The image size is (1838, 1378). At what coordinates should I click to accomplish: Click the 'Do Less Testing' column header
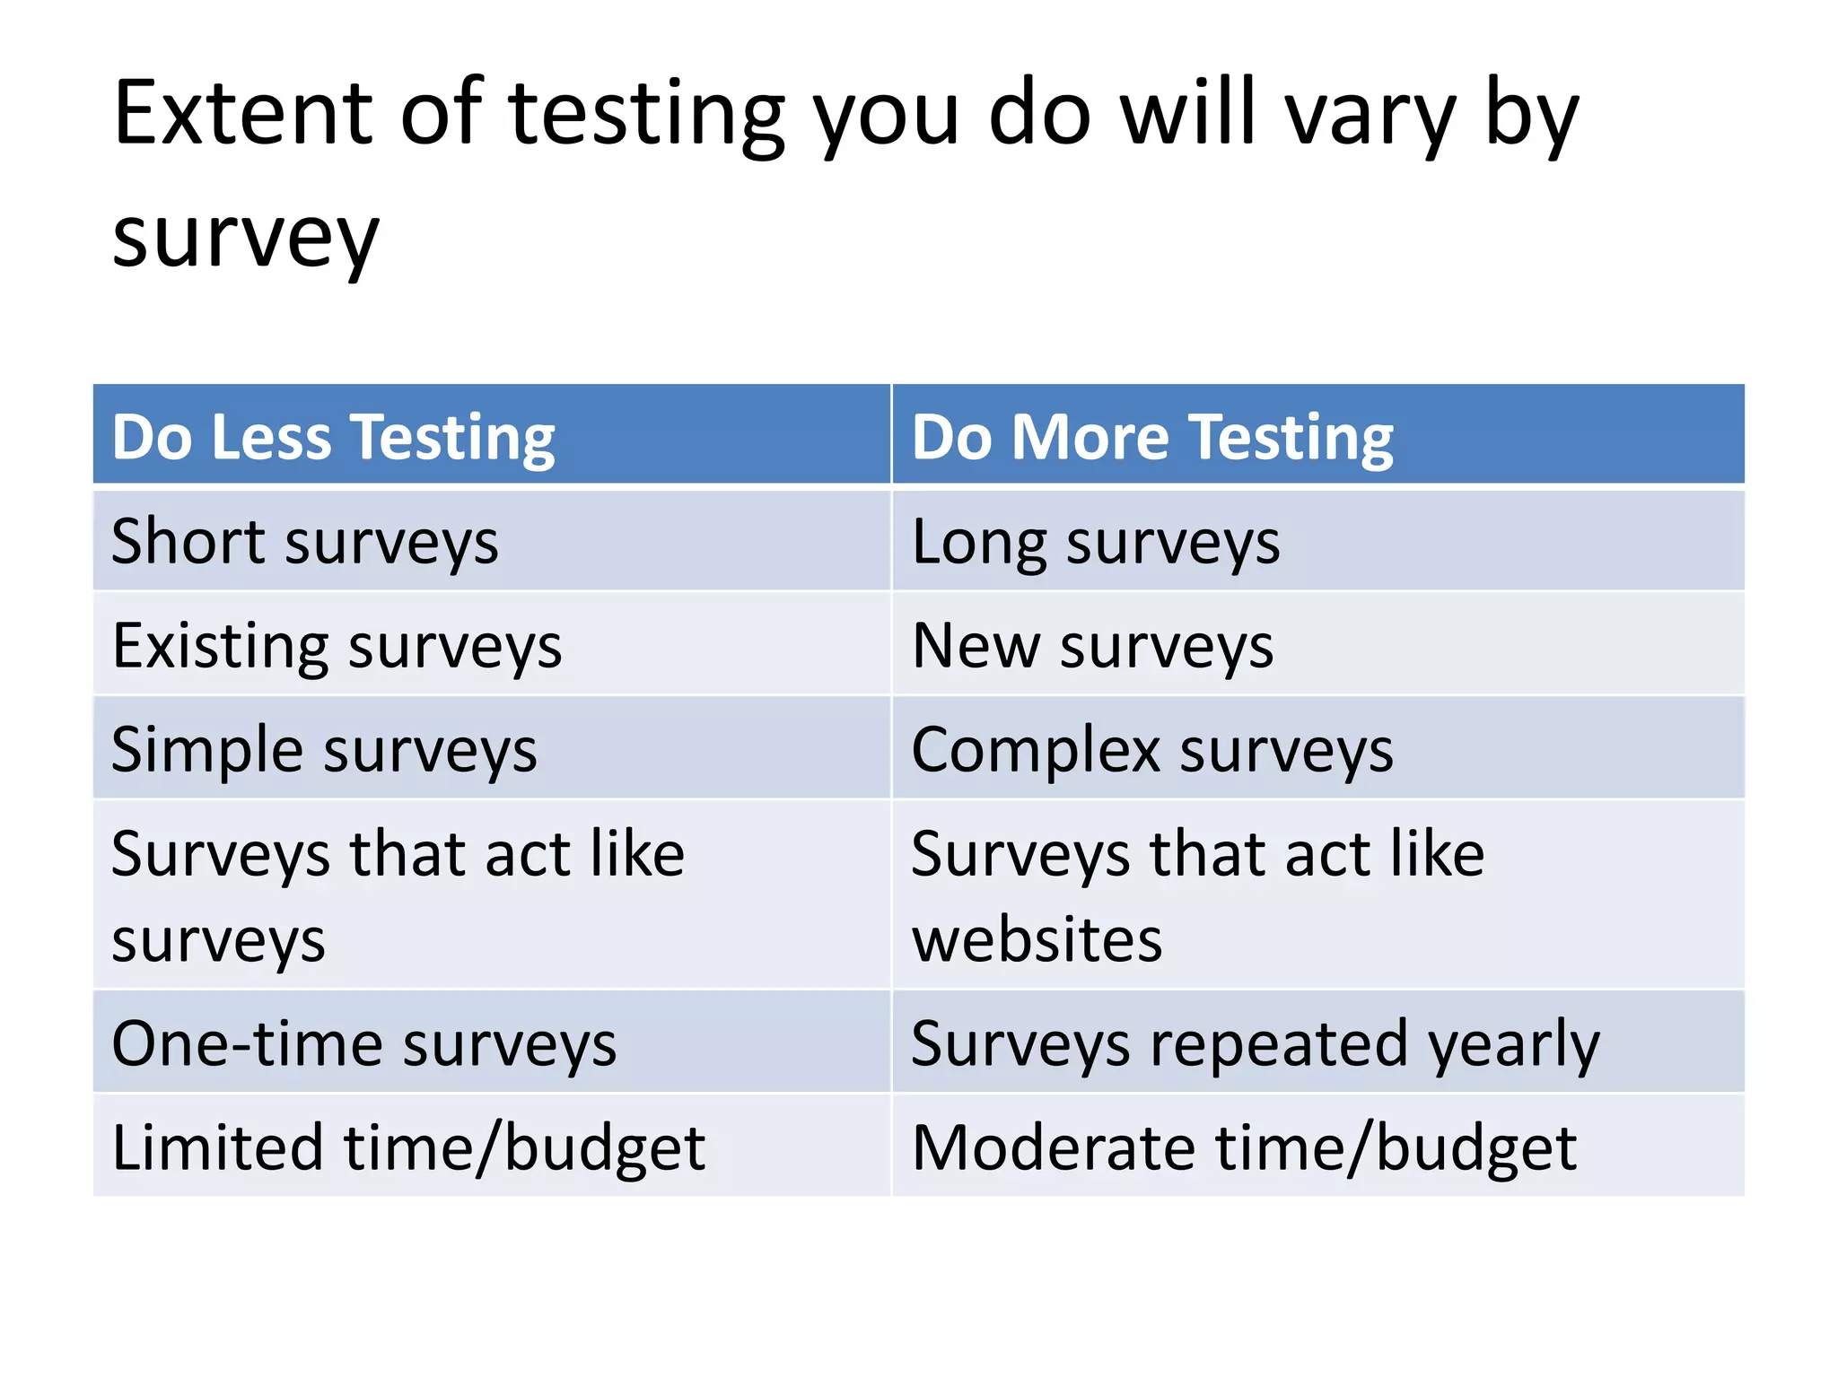(333, 437)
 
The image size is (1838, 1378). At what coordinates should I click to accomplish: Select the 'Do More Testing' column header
(1152, 437)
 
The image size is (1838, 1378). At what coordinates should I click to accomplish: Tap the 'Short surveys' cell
(304, 542)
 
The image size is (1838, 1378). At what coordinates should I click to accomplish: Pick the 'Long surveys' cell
(1096, 542)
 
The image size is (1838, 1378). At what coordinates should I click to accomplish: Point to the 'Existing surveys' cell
(337, 646)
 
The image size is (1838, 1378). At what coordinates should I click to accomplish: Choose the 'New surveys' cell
(1092, 646)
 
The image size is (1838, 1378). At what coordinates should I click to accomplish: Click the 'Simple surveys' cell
(324, 750)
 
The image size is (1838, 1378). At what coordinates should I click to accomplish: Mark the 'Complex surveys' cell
(1152, 750)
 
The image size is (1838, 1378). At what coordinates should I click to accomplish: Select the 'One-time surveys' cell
(363, 1043)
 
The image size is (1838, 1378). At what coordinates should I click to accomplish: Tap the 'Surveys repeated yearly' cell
(1256, 1043)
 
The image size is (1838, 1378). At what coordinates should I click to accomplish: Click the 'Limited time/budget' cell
(408, 1147)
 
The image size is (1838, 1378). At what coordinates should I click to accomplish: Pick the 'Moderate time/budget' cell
(1244, 1147)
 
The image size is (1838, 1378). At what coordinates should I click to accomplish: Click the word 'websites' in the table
(1037, 939)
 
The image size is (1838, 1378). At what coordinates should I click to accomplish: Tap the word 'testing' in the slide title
(646, 117)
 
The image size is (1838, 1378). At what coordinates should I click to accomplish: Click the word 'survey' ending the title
(246, 239)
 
